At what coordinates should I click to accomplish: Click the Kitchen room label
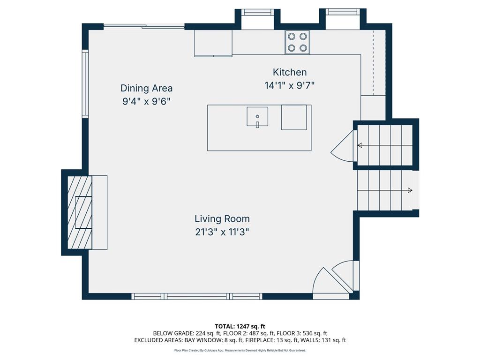(290, 72)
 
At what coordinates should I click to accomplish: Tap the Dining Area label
(146, 88)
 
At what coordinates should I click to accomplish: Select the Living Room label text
(222, 219)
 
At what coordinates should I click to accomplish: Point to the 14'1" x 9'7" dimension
(289, 86)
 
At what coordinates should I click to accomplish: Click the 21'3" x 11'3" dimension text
(222, 232)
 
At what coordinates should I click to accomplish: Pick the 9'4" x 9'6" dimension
(146, 102)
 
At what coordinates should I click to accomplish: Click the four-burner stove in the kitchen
(298, 42)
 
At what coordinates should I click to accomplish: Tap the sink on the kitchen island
(257, 117)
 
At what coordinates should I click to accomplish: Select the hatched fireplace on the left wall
(80, 212)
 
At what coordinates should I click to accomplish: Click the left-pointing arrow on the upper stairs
(360, 145)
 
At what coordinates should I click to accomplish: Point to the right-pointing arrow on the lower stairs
(409, 190)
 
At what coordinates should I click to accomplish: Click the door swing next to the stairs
(343, 147)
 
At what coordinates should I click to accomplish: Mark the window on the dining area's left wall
(85, 83)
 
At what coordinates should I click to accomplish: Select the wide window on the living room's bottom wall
(196, 296)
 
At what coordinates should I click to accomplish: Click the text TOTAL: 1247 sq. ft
(240, 326)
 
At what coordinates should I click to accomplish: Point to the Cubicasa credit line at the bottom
(240, 350)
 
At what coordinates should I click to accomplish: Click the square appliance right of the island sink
(294, 117)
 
